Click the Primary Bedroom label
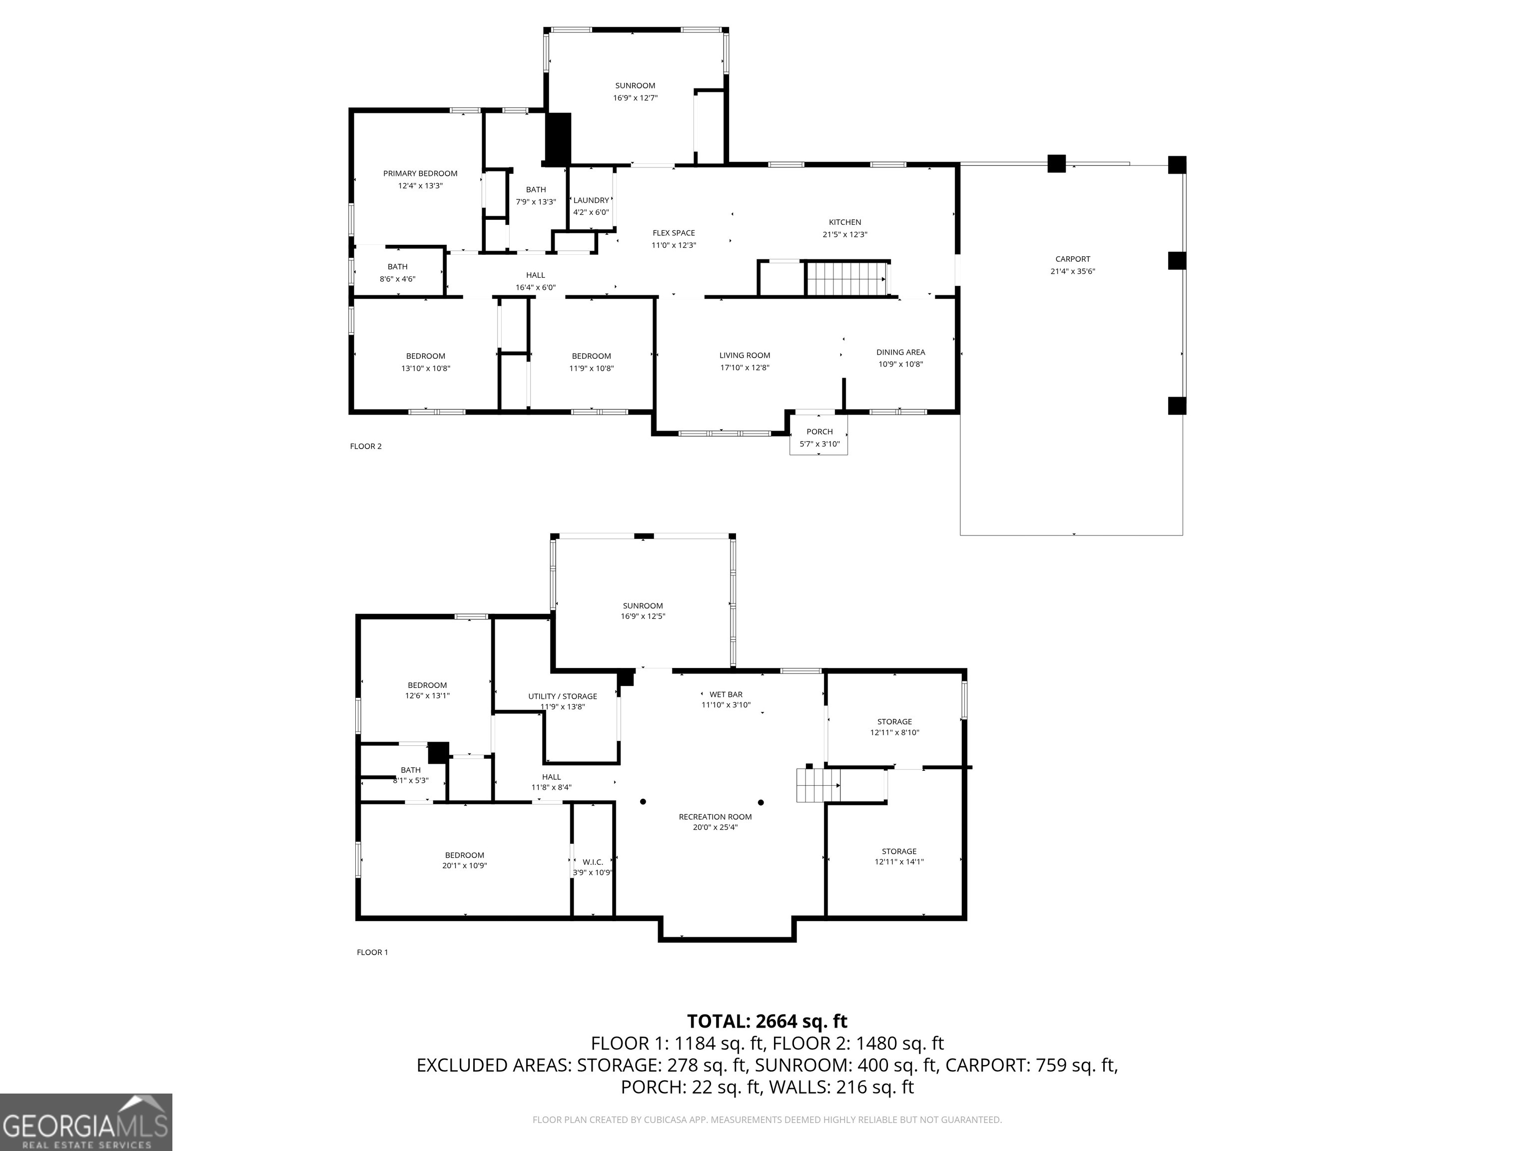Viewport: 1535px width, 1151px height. click(420, 173)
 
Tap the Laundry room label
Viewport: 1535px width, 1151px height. click(591, 200)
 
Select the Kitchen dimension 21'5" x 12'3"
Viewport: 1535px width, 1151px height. click(844, 234)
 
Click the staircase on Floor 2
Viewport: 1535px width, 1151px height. click(846, 278)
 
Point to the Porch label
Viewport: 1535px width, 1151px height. click(819, 432)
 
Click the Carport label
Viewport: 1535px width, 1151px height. click(1072, 259)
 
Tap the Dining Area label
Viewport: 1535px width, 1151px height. click(900, 353)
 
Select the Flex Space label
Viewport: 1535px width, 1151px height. click(673, 233)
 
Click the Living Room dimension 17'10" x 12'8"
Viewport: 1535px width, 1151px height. click(744, 368)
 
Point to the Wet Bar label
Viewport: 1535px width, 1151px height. click(726, 694)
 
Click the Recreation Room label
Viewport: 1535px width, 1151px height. click(715, 817)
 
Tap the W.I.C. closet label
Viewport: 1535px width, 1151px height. click(593, 862)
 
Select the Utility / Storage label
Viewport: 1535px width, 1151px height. click(562, 696)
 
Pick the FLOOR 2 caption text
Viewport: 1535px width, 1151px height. click(366, 446)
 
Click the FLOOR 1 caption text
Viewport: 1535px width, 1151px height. click(372, 952)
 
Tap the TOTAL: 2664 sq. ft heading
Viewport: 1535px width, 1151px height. click(767, 1021)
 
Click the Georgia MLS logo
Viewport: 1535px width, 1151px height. click(85, 1122)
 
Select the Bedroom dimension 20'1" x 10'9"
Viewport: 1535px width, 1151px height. click(464, 866)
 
